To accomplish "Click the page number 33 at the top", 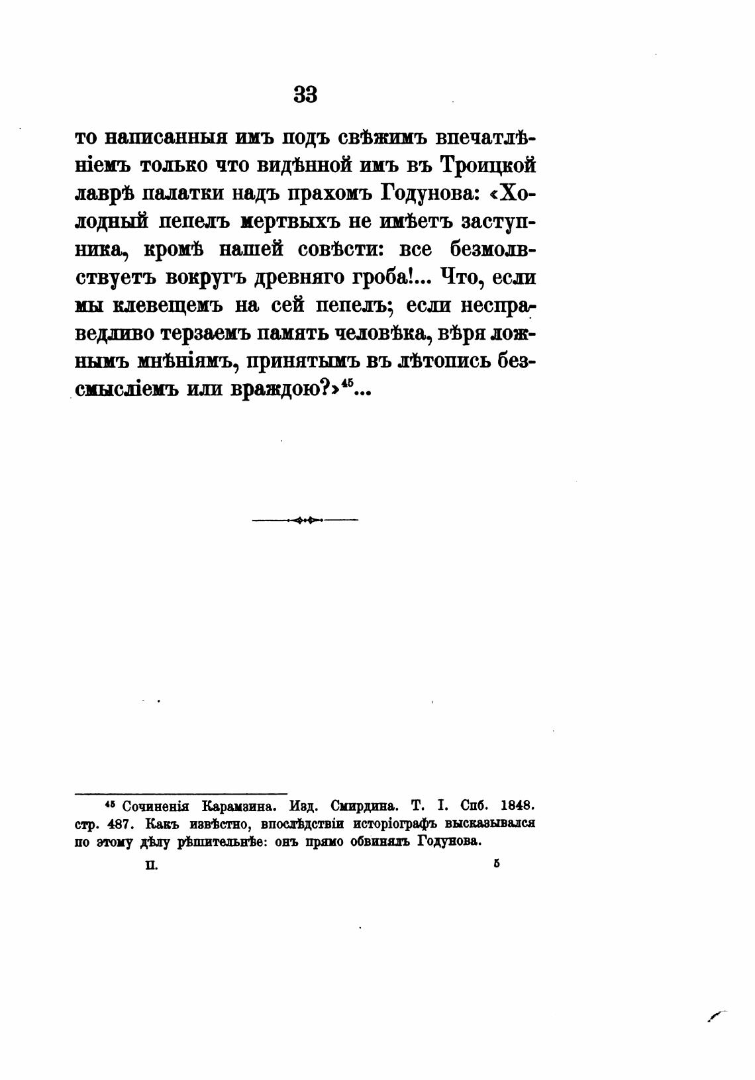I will point(305,95).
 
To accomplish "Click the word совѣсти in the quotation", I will point(338,250).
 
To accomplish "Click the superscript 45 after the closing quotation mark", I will point(348,385).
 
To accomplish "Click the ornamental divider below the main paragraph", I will point(305,520).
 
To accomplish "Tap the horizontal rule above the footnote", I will point(181,793).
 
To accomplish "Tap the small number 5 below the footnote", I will point(495,863).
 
